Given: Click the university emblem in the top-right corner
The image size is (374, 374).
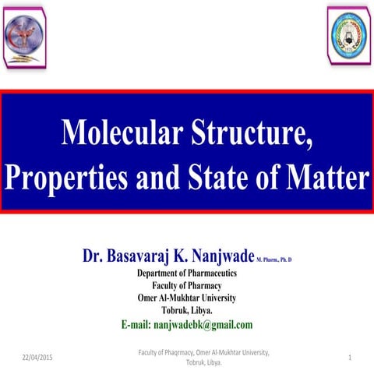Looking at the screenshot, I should point(348,35).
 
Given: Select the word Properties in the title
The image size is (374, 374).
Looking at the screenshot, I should point(64,178).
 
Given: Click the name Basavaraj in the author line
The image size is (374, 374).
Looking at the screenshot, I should point(150,256).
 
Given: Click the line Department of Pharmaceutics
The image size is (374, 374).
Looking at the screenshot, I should point(187,273).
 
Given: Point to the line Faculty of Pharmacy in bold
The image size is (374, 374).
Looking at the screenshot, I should point(187,285).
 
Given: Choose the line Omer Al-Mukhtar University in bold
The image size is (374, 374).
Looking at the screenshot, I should point(187,298).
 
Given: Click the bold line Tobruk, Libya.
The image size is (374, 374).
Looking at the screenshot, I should point(187,310).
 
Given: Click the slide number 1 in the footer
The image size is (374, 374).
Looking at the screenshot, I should point(352,356).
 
